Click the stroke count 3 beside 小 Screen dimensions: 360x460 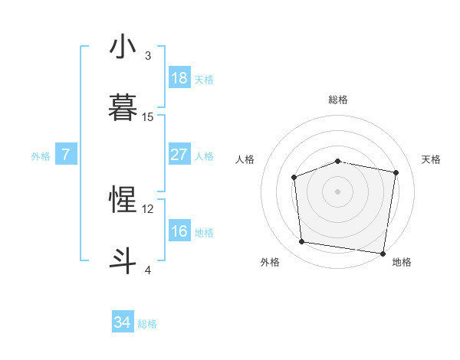[x=148, y=56]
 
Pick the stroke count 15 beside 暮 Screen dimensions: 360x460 [x=148, y=116]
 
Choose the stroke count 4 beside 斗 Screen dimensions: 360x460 [x=148, y=269]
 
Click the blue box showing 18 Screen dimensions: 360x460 [x=179, y=78]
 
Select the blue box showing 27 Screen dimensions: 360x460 [x=179, y=155]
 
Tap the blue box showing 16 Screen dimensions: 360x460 [x=179, y=231]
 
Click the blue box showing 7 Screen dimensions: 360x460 [x=66, y=155]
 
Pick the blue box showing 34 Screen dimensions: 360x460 [x=123, y=322]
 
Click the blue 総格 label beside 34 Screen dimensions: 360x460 [x=147, y=324]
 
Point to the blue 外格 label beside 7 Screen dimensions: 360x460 [x=41, y=156]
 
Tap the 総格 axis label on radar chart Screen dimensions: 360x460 [x=338, y=100]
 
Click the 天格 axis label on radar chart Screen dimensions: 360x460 [x=432, y=159]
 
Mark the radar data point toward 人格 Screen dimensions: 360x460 [x=294, y=178]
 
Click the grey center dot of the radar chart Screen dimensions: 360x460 [x=338, y=191]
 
